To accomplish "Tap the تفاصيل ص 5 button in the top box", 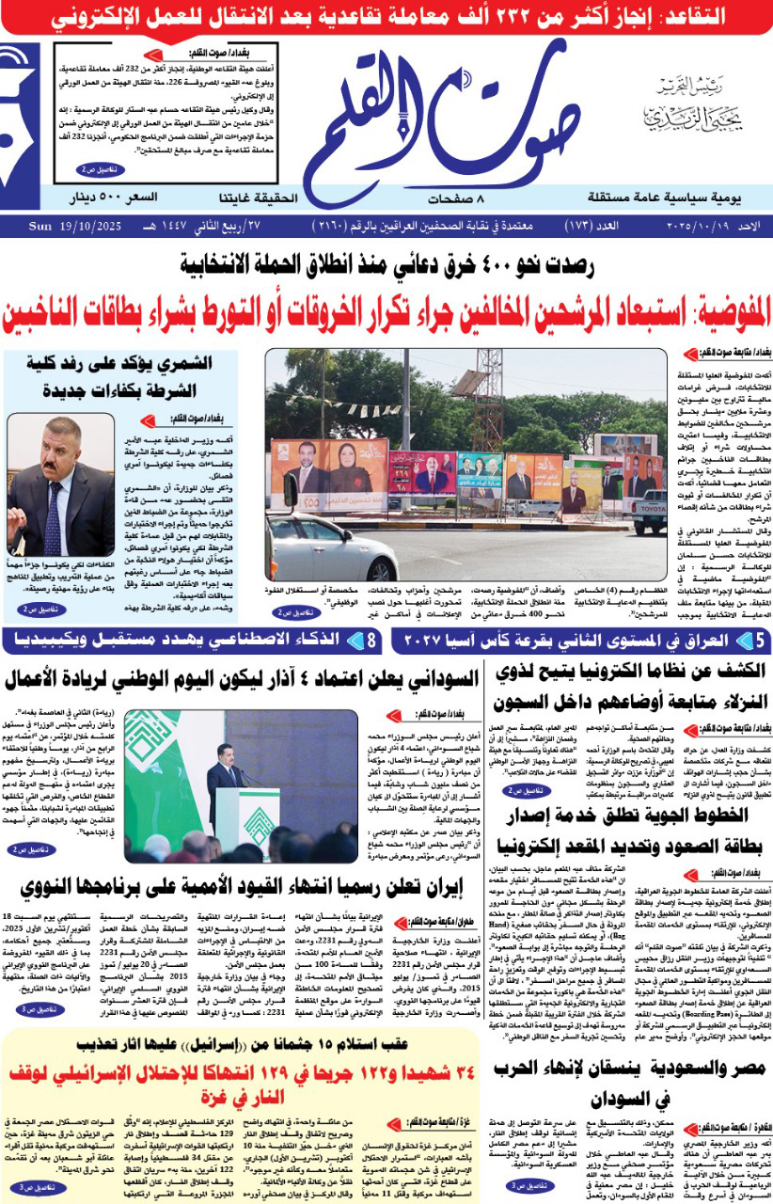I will (100, 170).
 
